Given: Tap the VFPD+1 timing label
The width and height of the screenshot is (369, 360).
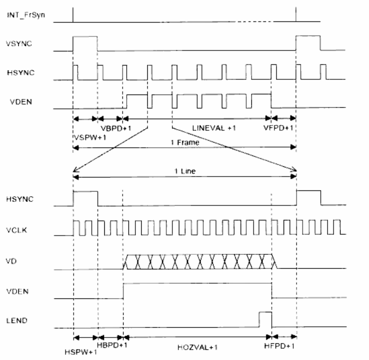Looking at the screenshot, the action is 277,129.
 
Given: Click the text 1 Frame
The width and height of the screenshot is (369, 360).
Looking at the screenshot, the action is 184,144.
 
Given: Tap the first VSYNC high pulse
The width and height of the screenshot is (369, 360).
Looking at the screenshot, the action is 85,43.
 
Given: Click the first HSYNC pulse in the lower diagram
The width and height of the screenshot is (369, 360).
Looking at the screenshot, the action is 85,197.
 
